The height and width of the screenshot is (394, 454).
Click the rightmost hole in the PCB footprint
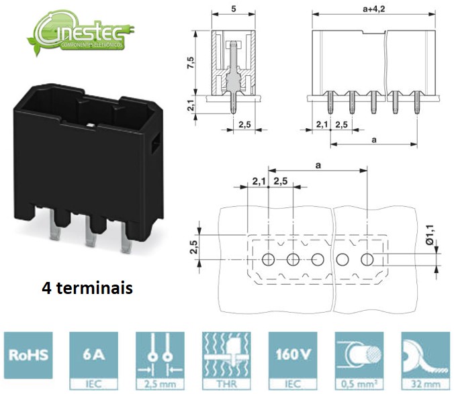[367, 260]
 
